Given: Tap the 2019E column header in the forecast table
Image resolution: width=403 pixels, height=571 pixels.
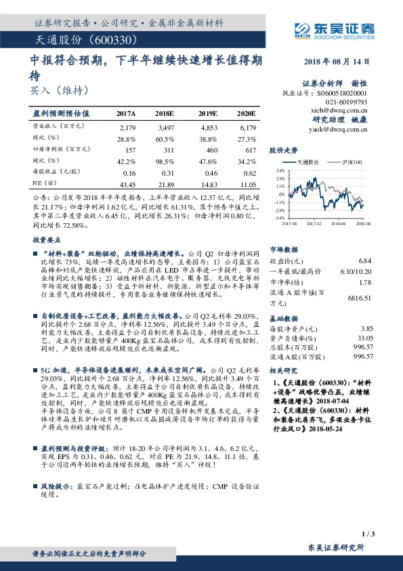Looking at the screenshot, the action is (x=207, y=113).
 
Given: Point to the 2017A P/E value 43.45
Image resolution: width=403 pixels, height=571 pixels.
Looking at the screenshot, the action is (x=127, y=184).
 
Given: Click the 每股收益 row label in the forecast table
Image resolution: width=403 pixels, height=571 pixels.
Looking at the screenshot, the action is (x=51, y=173).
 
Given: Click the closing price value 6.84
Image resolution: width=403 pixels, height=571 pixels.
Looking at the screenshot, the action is (x=366, y=260).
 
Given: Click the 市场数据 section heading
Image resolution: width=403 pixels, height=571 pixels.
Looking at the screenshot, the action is (x=282, y=249).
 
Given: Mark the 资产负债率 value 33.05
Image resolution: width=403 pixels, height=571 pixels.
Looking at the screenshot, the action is (x=365, y=337).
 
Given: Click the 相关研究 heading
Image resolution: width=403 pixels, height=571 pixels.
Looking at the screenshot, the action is (x=282, y=371).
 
